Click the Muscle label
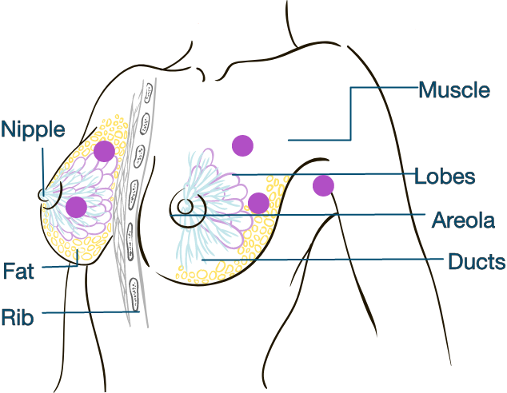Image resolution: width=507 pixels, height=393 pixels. [454, 89]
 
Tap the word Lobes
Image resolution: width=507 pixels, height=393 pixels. [445, 177]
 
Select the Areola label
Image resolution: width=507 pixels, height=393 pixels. [463, 220]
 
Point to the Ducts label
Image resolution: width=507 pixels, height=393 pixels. [477, 261]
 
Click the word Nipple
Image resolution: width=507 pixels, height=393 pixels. [34, 129]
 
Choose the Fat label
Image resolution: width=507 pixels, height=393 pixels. [18, 271]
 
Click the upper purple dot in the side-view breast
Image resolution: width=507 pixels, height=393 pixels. [103, 151]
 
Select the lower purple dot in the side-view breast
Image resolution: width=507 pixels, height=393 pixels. [76, 207]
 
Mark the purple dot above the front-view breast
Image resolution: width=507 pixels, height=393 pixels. [242, 145]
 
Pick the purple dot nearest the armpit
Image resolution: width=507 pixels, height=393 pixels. [323, 185]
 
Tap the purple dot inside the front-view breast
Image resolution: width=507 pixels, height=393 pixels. [257, 203]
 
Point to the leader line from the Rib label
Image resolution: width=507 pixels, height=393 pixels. [88, 313]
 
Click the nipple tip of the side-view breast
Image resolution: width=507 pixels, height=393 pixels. [44, 194]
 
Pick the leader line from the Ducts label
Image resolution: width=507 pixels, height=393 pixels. [336, 260]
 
